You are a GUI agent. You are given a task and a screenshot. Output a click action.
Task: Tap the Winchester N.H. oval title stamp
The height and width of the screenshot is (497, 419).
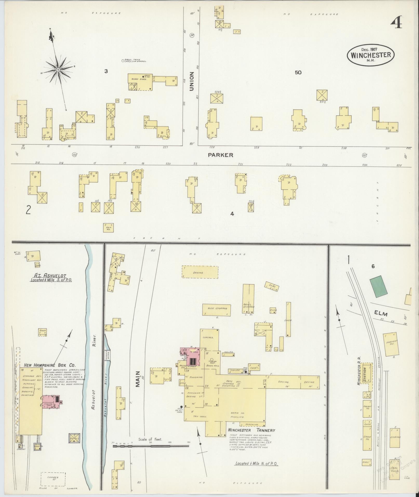pyautogui.click(x=371, y=55)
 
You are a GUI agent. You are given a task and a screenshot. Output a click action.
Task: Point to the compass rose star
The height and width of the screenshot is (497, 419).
pyautogui.click(x=58, y=70)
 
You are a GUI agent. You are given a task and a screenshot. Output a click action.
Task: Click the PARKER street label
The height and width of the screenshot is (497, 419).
pyautogui.click(x=221, y=155)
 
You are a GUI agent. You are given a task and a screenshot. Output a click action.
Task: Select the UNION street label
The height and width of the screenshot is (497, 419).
pyautogui.click(x=192, y=81)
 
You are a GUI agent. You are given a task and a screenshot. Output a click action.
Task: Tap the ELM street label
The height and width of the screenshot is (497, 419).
pyautogui.click(x=381, y=314)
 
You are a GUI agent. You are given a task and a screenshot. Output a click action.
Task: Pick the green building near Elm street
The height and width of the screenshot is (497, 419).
pyautogui.click(x=379, y=287)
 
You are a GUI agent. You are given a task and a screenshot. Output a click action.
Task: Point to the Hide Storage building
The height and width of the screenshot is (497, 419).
pyautogui.click(x=216, y=309)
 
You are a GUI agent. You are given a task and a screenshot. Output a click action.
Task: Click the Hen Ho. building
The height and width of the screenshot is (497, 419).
pyautogui.click(x=109, y=228)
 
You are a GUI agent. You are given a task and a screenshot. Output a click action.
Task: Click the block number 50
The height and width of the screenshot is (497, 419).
pyautogui.click(x=298, y=72)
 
